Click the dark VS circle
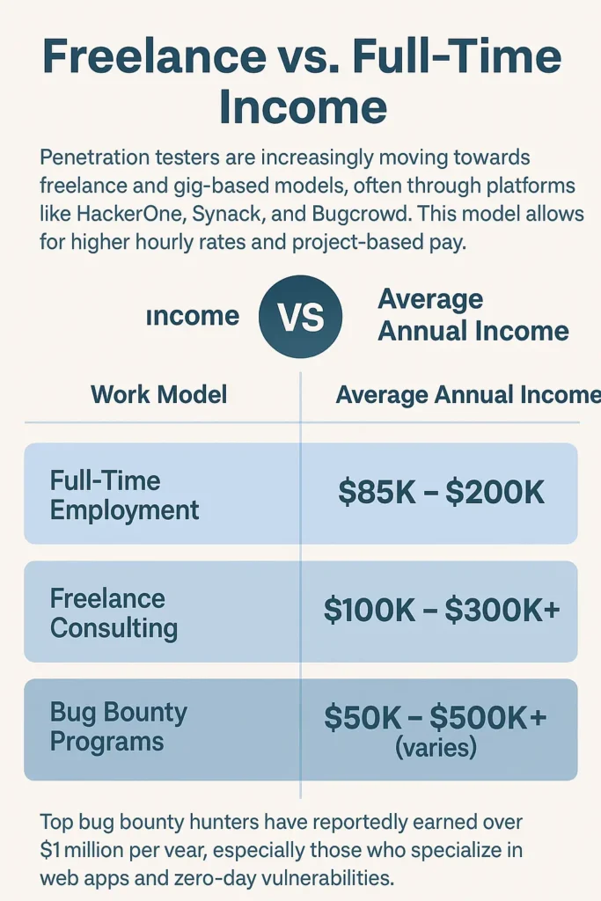tap(300, 316)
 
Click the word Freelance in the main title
tap(154, 55)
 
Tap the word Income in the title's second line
tap(303, 106)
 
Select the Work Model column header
tap(159, 395)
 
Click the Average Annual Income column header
tap(468, 395)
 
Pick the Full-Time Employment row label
tap(124, 494)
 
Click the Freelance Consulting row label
tap(114, 612)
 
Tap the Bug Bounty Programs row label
tap(119, 726)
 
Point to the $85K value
tap(377, 492)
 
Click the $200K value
tap(495, 492)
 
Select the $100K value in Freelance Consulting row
tap(370, 610)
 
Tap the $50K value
tap(363, 716)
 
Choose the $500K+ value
tap(488, 716)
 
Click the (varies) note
tap(436, 748)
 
